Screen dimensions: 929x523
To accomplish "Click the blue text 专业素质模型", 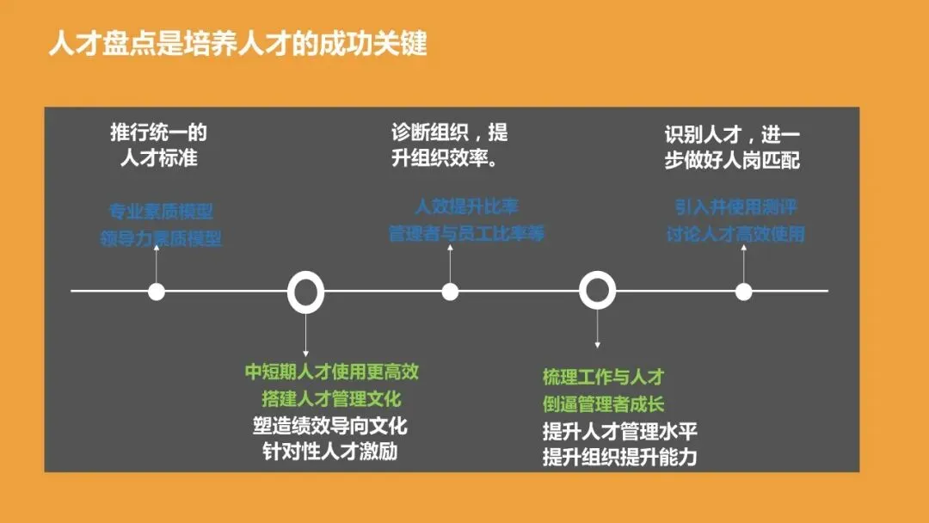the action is pos(161,211).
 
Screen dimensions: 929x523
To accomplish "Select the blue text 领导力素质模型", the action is pos(161,238).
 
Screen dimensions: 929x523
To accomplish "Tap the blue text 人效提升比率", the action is pos(467,206).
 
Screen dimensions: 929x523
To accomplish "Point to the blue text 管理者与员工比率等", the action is pos(467,233).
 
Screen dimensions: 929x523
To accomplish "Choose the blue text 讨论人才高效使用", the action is pos(735,233).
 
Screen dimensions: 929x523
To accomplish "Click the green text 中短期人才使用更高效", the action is pos(332,372).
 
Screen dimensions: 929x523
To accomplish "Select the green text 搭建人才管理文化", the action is pos(332,398).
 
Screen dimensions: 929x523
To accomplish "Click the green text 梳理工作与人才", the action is pos(603,377).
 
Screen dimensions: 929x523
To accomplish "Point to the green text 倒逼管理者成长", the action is pos(603,403).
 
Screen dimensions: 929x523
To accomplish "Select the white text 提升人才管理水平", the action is pos(619,430).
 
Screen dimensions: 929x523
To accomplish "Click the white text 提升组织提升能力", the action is pos(619,457).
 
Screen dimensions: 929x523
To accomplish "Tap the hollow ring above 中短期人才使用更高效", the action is pos(305,292).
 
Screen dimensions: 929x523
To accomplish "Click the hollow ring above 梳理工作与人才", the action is pos(597,291).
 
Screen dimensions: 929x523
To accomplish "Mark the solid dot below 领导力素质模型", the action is pos(157,292).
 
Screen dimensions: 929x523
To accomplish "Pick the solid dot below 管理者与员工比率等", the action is pos(450,292).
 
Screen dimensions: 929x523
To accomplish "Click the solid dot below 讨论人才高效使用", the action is pos(744,292).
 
